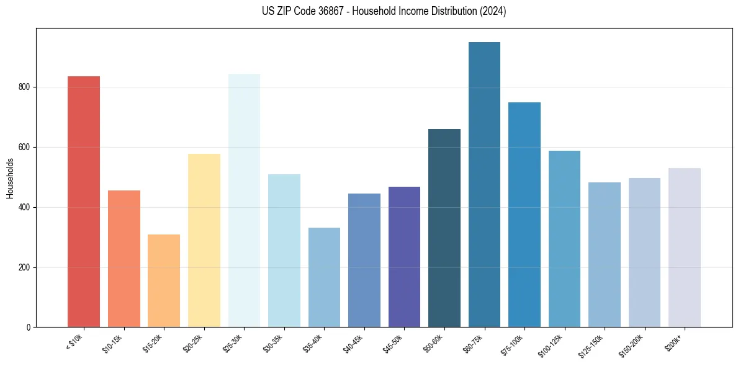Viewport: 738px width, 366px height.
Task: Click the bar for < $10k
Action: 84,202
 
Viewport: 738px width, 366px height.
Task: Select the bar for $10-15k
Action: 124,259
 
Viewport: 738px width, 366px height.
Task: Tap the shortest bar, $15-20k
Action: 164,280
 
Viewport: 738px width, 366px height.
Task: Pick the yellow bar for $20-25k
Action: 204,240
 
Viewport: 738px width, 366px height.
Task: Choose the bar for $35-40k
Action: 324,277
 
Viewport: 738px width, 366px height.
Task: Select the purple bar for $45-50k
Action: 404,257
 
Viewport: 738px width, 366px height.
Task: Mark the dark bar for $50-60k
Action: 444,228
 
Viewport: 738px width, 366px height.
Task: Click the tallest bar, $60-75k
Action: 484,184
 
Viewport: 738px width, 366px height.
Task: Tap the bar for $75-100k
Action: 524,215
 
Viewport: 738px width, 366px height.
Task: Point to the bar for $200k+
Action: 685,248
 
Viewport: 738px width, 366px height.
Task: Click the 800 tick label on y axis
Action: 27,87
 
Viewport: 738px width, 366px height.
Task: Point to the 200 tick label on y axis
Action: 27,267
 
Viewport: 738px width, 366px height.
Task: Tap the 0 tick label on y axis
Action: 30,328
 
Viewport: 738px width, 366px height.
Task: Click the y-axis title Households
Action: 10,178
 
